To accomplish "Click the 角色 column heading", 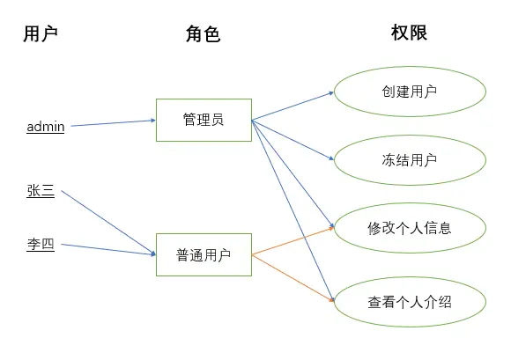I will (x=203, y=33).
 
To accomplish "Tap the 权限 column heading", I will (x=409, y=33).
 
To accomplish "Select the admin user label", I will (x=46, y=127).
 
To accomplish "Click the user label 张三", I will (x=41, y=191).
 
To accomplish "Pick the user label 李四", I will (x=41, y=245).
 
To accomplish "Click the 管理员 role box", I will (x=204, y=120).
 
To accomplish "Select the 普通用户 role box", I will (x=204, y=255).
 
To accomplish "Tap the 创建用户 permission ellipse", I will (x=410, y=92).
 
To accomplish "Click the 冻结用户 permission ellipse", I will (x=410, y=160).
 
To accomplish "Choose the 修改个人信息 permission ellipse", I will (x=410, y=228).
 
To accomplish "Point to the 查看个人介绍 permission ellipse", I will (x=410, y=302).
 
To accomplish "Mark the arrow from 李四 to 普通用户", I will (x=106, y=250).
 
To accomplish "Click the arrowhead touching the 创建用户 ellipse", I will (x=330, y=92).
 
